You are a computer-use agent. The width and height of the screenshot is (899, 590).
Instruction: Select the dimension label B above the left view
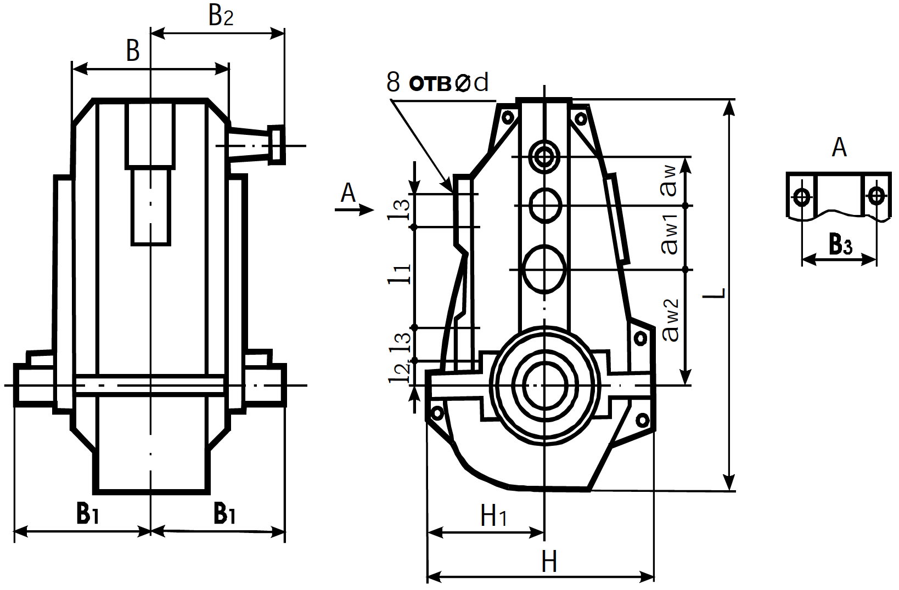coord(133,50)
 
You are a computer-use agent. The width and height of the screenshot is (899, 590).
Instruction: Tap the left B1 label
coord(87,513)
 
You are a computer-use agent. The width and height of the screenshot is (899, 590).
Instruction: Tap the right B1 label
coord(224,513)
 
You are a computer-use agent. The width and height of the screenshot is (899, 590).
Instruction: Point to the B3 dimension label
coord(840,244)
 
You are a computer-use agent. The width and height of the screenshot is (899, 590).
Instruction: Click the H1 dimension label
coord(493,515)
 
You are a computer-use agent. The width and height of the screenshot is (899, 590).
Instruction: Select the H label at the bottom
coord(549,562)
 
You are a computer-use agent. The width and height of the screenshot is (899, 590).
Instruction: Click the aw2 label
coord(671,321)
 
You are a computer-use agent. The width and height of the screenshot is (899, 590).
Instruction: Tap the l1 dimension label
coord(400,274)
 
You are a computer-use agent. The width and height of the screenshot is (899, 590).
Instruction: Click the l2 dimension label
coord(400,372)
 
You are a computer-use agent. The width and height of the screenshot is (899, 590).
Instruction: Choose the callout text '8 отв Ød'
coord(437,83)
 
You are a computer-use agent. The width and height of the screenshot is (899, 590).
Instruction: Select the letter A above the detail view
coord(839,147)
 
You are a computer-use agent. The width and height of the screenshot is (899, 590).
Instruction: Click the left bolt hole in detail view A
coord(802,196)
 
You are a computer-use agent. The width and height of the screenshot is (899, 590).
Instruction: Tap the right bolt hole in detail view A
coord(876,195)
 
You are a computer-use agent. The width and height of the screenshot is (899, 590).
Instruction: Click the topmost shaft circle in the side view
coord(544,157)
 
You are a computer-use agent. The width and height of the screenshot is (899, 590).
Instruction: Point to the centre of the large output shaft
coord(544,384)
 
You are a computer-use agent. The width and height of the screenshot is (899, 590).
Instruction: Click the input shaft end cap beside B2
coord(277,145)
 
